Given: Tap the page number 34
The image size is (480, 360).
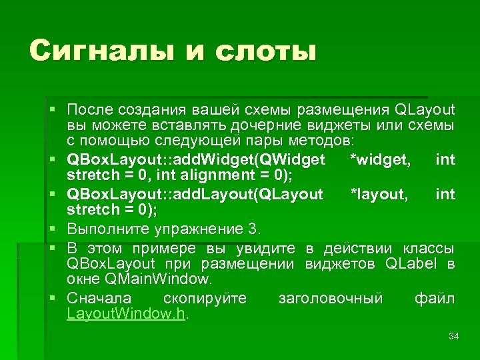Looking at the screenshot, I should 454,336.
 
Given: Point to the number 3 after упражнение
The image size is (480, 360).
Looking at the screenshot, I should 252,229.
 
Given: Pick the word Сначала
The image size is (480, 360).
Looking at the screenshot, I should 99,298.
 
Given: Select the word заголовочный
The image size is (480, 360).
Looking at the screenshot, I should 330,298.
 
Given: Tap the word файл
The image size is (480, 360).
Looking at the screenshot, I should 435,298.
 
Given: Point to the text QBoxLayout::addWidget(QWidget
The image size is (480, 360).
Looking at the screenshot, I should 196,159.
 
